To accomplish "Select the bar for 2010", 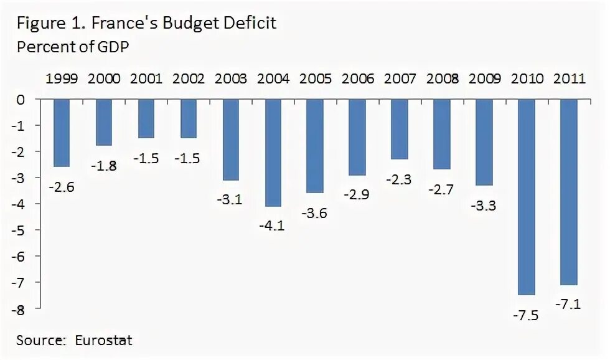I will (527, 197).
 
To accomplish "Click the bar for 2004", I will (274, 153).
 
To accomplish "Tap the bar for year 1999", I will (62, 133).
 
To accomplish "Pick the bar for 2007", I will (400, 129).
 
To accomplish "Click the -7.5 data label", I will (527, 315).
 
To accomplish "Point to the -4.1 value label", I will (272, 225).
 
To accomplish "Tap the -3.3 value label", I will (484, 205).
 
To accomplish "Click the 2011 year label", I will (569, 79).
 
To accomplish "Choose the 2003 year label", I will (232, 79).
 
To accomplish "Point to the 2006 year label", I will (358, 79).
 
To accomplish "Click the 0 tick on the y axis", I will (22, 100).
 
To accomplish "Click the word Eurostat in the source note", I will (103, 341).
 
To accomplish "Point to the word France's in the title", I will (124, 24).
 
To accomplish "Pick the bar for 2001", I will (147, 118).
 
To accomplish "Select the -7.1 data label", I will (569, 305).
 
